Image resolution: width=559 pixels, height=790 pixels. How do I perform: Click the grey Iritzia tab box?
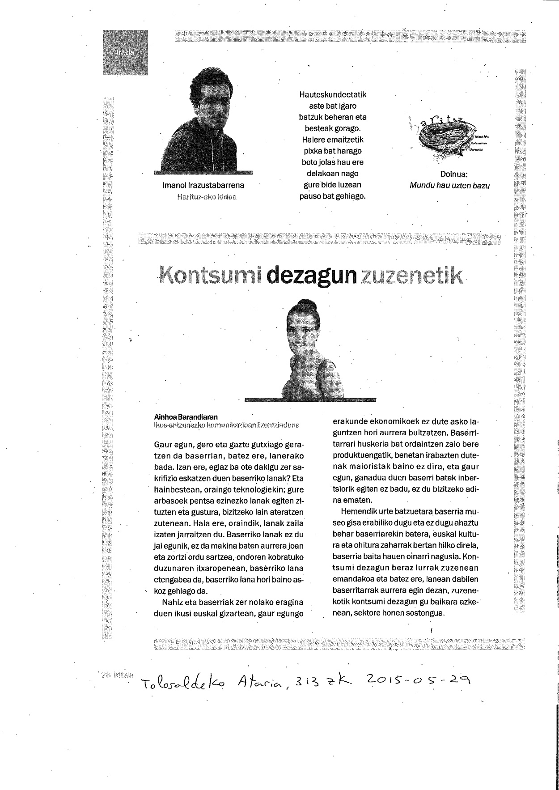(x=125, y=52)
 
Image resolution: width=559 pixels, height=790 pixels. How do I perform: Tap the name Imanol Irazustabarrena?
(x=203, y=185)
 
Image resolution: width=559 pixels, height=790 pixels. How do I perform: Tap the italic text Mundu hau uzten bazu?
(x=449, y=186)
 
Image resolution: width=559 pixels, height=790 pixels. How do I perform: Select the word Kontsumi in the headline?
(x=210, y=276)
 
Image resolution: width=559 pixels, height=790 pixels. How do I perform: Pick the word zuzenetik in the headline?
(x=411, y=276)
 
